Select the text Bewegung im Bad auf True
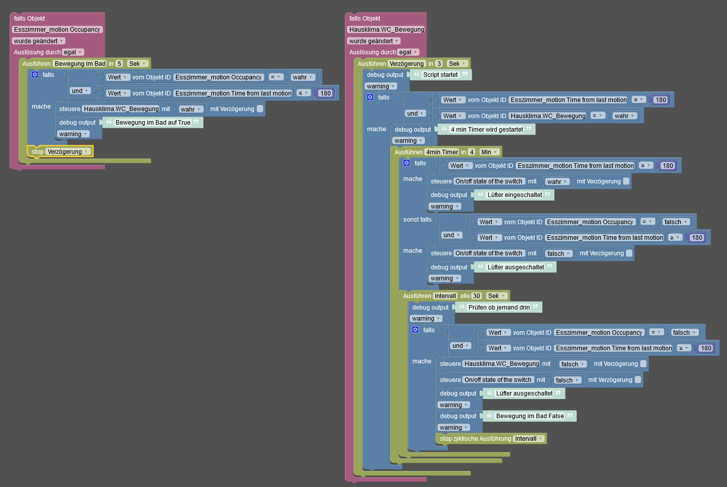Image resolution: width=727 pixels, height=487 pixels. (153, 123)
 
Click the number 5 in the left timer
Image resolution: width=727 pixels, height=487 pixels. (119, 64)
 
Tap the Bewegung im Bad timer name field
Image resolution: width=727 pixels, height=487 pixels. (80, 64)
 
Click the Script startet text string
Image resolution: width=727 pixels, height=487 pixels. (440, 75)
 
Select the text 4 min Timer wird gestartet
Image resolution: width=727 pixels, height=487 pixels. (487, 130)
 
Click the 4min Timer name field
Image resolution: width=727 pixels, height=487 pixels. (442, 152)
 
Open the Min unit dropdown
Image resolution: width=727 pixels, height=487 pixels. (489, 152)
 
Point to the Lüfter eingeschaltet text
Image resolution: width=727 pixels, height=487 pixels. (515, 195)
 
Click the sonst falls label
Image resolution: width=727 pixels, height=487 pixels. (417, 220)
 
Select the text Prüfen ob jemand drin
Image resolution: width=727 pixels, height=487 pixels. (499, 308)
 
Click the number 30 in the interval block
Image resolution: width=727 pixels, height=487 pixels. (477, 296)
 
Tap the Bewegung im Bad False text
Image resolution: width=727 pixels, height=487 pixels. (530, 416)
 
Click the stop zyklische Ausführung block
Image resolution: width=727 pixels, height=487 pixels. (475, 439)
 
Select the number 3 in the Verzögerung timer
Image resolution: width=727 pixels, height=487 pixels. (439, 64)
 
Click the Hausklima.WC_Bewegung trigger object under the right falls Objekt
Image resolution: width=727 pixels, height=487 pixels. (387, 30)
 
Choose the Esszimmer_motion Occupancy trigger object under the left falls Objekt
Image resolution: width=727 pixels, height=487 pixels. (57, 30)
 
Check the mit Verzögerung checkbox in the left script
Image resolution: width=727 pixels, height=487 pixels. (260, 109)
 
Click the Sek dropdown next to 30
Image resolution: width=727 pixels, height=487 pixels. (496, 296)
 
